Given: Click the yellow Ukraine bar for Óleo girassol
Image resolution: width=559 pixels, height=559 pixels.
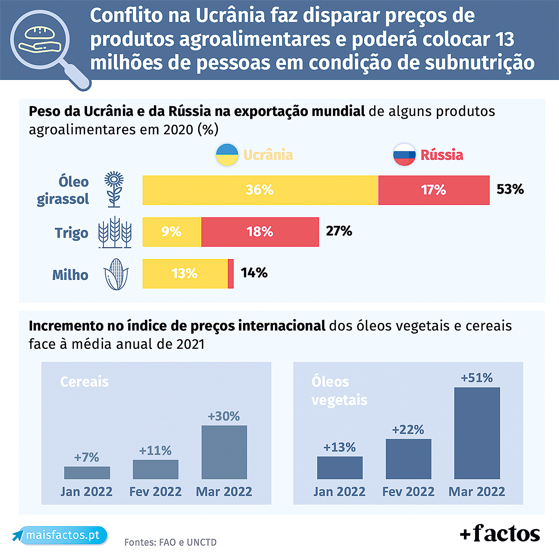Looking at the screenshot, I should point(260,190).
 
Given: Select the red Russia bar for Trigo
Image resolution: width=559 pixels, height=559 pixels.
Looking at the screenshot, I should point(260,232).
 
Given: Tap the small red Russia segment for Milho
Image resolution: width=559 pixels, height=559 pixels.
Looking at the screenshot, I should point(231,273).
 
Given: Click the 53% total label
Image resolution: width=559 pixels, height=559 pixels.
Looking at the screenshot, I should point(510,189).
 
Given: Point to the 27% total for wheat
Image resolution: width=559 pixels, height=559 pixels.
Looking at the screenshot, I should point(339,231).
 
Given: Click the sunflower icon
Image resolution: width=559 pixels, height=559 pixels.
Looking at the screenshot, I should point(114,189).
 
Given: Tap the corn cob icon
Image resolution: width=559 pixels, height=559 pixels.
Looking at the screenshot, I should point(116,274).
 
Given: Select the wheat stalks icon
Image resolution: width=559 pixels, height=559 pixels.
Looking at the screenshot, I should point(115,232).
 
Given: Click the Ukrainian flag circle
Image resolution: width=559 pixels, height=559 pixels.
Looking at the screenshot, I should point(227,155).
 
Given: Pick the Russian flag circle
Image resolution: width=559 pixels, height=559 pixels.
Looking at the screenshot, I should point(404,155).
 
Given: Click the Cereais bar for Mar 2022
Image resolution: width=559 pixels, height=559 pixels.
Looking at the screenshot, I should point(224,452).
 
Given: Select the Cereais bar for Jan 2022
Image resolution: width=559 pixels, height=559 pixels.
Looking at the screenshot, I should point(87,472).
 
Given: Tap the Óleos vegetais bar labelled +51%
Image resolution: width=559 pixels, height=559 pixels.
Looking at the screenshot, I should point(477,433).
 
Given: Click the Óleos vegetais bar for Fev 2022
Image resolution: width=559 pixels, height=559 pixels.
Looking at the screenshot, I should point(408,458).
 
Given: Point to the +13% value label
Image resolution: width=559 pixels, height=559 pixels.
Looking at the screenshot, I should point(339,447).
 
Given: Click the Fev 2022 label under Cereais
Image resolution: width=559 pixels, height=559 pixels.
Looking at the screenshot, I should point(155,491).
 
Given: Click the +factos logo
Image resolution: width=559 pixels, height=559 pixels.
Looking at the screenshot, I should point(500,533).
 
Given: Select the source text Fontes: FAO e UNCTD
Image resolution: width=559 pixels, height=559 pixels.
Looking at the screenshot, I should point(170,542).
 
